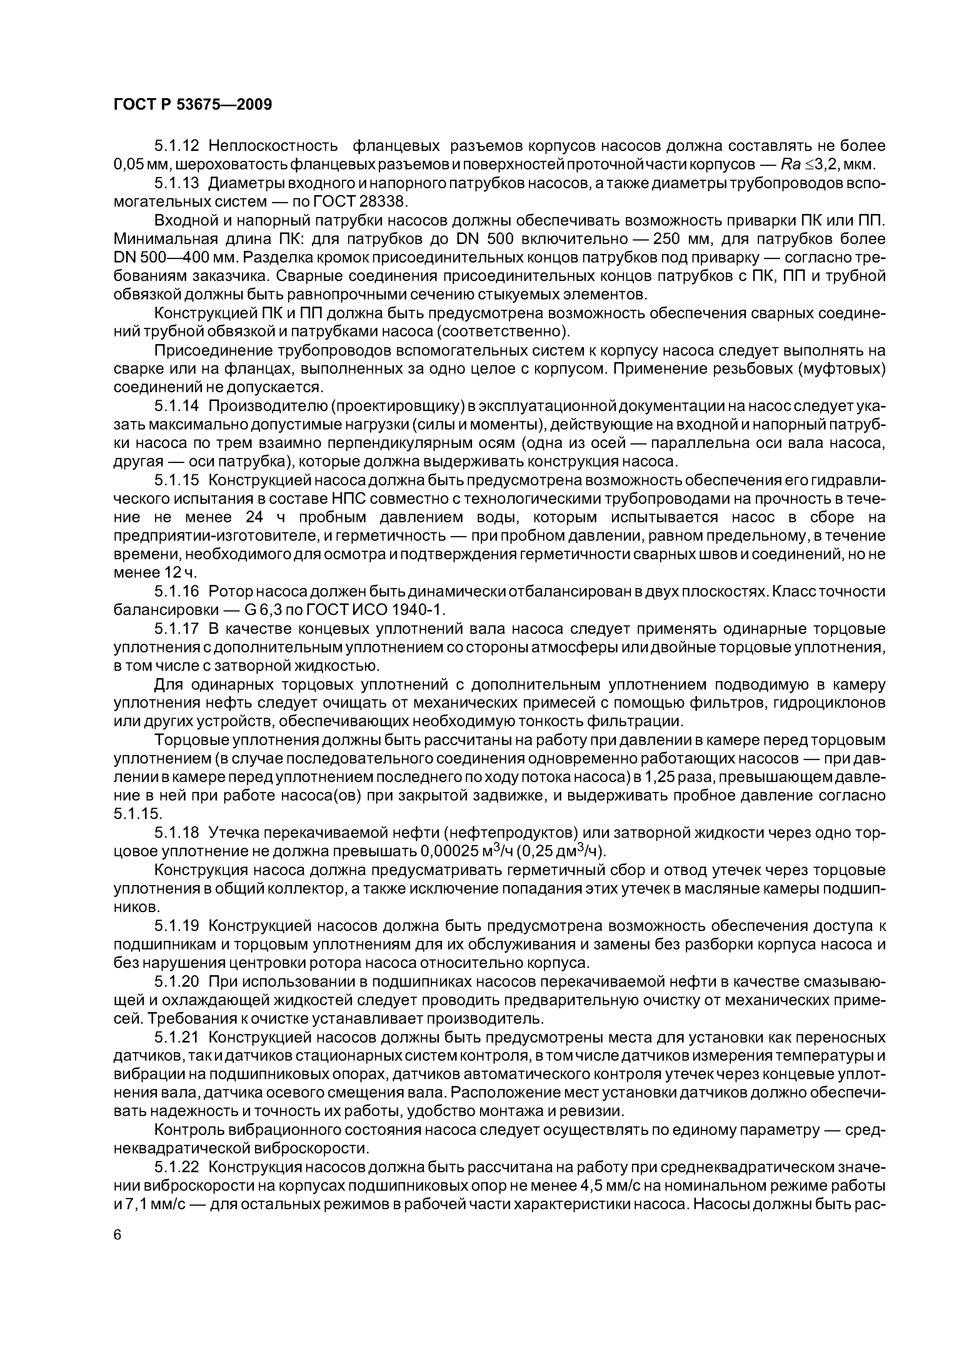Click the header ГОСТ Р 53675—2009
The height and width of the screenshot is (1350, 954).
[193, 105]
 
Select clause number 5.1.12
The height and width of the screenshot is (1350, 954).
[177, 145]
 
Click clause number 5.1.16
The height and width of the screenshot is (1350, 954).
[177, 591]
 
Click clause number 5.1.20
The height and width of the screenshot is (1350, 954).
[177, 982]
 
